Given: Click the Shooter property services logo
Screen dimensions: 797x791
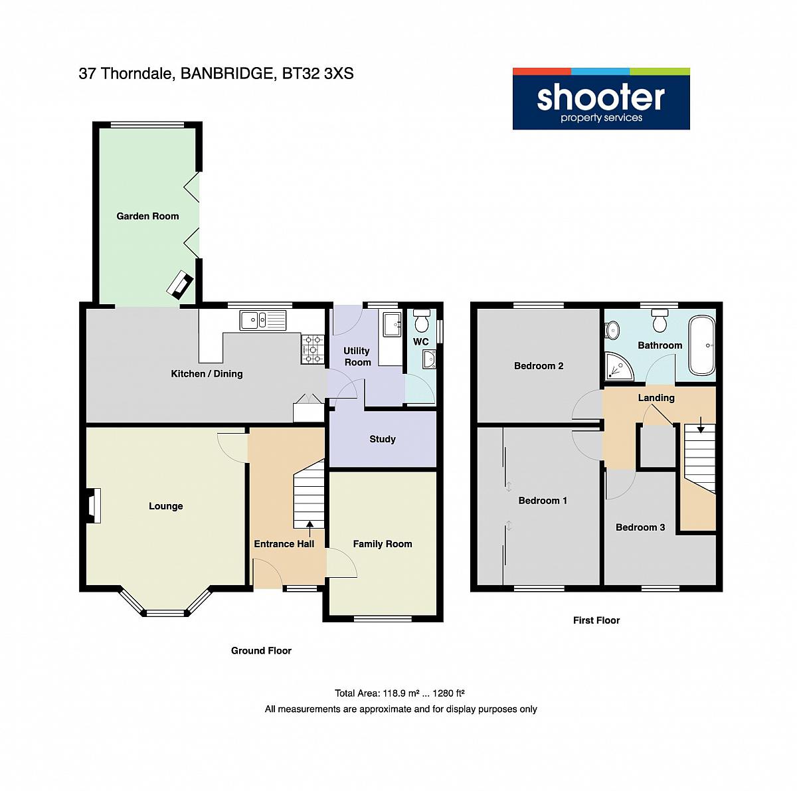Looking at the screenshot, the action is pyautogui.click(x=600, y=98).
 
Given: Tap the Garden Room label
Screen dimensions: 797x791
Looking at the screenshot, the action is pyautogui.click(x=147, y=216).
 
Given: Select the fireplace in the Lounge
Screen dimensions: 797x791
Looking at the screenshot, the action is pyautogui.click(x=93, y=505).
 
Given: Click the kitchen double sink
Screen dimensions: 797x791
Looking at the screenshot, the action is pyautogui.click(x=262, y=321).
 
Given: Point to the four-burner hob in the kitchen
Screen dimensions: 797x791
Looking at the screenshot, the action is pyautogui.click(x=313, y=349).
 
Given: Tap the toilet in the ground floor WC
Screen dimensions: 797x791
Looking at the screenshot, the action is pyautogui.click(x=422, y=320).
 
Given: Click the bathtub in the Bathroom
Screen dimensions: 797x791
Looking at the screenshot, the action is pyautogui.click(x=701, y=345).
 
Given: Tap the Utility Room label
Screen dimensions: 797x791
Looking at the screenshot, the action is pyautogui.click(x=357, y=356).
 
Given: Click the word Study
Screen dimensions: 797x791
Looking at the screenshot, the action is pyautogui.click(x=382, y=439).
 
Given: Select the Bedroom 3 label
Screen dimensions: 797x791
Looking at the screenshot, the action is pyautogui.click(x=640, y=527).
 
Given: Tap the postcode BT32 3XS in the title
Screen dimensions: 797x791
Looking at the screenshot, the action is pyautogui.click(x=317, y=74).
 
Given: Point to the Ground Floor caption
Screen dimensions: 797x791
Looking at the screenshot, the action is pyautogui.click(x=261, y=651).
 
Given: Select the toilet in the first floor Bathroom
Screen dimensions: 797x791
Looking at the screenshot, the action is pyautogui.click(x=660, y=320).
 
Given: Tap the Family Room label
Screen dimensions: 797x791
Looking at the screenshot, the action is pyautogui.click(x=382, y=544).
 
